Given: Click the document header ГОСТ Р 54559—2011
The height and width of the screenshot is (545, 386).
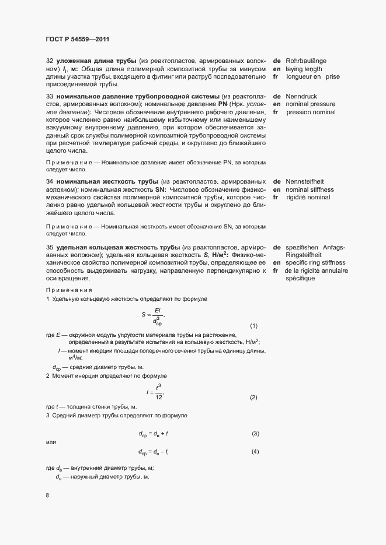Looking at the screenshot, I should point(77,39).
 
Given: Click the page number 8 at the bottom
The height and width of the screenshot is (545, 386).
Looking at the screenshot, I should point(47,496).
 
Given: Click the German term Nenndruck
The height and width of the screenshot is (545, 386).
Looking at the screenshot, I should point(301,96).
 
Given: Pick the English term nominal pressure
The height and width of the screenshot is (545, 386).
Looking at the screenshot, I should point(311,104).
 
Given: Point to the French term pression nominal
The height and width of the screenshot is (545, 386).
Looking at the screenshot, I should point(311,112).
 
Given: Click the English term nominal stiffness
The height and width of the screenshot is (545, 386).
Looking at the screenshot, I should point(310,190).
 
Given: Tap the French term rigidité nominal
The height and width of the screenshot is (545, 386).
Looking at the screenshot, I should point(308,198).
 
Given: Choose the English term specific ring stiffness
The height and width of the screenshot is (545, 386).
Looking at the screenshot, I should point(315,263).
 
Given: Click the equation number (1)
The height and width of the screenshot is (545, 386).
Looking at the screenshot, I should point(253,325).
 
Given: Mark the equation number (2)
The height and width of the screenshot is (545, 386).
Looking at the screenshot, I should point(253,398).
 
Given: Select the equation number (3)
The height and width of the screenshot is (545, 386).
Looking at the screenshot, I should point(255,434).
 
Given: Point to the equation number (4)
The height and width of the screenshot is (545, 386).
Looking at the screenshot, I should point(255,452).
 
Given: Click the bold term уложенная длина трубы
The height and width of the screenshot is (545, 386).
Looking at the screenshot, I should point(93,61).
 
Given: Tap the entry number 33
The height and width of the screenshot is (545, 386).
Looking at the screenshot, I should point(50,96).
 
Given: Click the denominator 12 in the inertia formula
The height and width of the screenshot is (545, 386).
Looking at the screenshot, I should point(158,397).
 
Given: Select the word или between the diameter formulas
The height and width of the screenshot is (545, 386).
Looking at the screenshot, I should point(51,443).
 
